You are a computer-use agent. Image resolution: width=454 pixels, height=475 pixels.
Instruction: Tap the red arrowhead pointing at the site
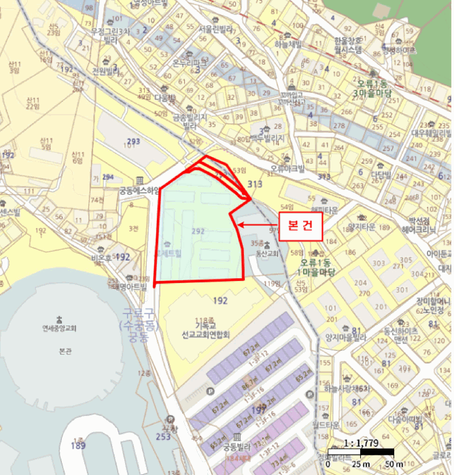(x=240, y=225)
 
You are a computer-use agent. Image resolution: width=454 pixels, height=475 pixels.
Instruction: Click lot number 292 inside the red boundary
(x=198, y=231)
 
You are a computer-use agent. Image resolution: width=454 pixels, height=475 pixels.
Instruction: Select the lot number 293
(x=133, y=141)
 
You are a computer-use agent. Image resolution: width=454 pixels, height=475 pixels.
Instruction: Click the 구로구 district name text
(x=139, y=314)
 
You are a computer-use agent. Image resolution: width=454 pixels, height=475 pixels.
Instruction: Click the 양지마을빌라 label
(x=345, y=335)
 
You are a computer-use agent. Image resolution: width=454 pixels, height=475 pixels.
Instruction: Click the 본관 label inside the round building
(x=60, y=353)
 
